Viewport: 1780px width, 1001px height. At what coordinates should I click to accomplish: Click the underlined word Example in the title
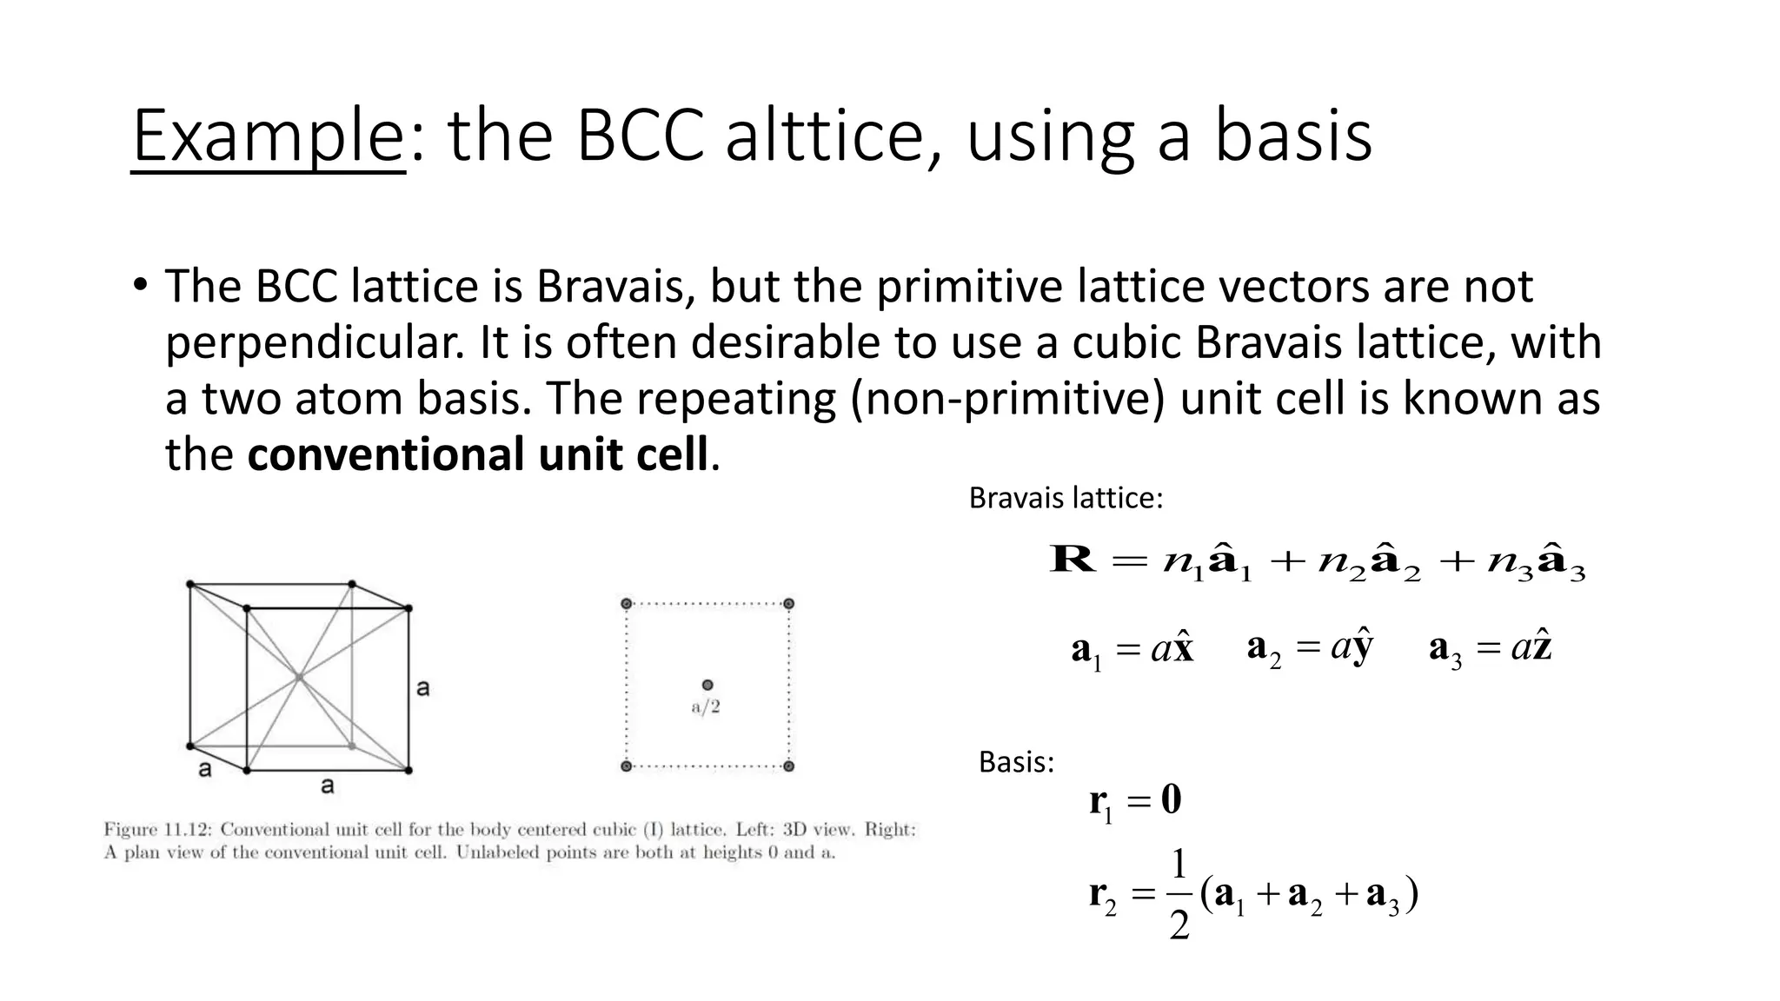point(268,137)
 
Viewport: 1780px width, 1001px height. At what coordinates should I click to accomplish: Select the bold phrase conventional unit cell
point(477,454)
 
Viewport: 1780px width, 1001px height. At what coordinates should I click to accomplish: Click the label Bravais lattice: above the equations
point(1065,498)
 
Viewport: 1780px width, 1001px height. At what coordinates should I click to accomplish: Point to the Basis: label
point(1015,762)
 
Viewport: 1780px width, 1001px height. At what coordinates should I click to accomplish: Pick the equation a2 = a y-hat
point(1310,648)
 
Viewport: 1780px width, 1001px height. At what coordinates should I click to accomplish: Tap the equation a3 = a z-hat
point(1490,649)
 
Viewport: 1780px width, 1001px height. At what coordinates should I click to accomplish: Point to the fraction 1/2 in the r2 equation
point(1179,895)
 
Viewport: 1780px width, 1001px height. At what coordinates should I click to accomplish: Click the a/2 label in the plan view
point(706,707)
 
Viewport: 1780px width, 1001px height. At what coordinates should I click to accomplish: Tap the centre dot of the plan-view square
point(707,686)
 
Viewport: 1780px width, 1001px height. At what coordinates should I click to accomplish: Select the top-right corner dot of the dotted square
point(788,604)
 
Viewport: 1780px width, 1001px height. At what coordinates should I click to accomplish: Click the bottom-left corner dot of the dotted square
point(626,766)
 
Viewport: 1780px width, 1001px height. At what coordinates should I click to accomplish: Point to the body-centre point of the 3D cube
point(299,677)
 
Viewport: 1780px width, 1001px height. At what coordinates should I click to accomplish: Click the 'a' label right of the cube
point(423,689)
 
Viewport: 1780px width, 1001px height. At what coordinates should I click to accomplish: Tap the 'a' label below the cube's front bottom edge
point(327,786)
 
